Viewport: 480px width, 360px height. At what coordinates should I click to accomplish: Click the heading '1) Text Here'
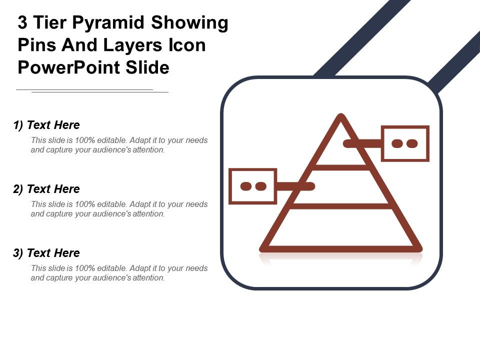pos(46,125)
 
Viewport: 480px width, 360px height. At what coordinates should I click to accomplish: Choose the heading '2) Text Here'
pos(46,189)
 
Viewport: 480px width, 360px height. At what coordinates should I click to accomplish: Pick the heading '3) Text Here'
pos(46,253)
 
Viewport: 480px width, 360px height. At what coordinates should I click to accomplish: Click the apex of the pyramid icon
pos(340,118)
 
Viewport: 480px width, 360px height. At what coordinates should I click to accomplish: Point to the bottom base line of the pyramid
pos(340,248)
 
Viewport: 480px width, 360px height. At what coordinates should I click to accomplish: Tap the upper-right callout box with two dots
pos(405,143)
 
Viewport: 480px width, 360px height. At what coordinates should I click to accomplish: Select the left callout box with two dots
pos(252,186)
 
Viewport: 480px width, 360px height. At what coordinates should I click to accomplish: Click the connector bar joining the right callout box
pos(362,143)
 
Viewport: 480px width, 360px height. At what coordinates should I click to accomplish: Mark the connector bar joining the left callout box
pos(295,186)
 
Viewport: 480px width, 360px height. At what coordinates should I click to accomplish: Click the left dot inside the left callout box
pos(245,186)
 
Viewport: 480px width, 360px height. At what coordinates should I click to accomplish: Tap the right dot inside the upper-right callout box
pos(412,143)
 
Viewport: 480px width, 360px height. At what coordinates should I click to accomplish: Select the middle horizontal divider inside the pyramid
pos(341,205)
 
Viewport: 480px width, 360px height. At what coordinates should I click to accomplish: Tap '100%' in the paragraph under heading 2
pos(84,204)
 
